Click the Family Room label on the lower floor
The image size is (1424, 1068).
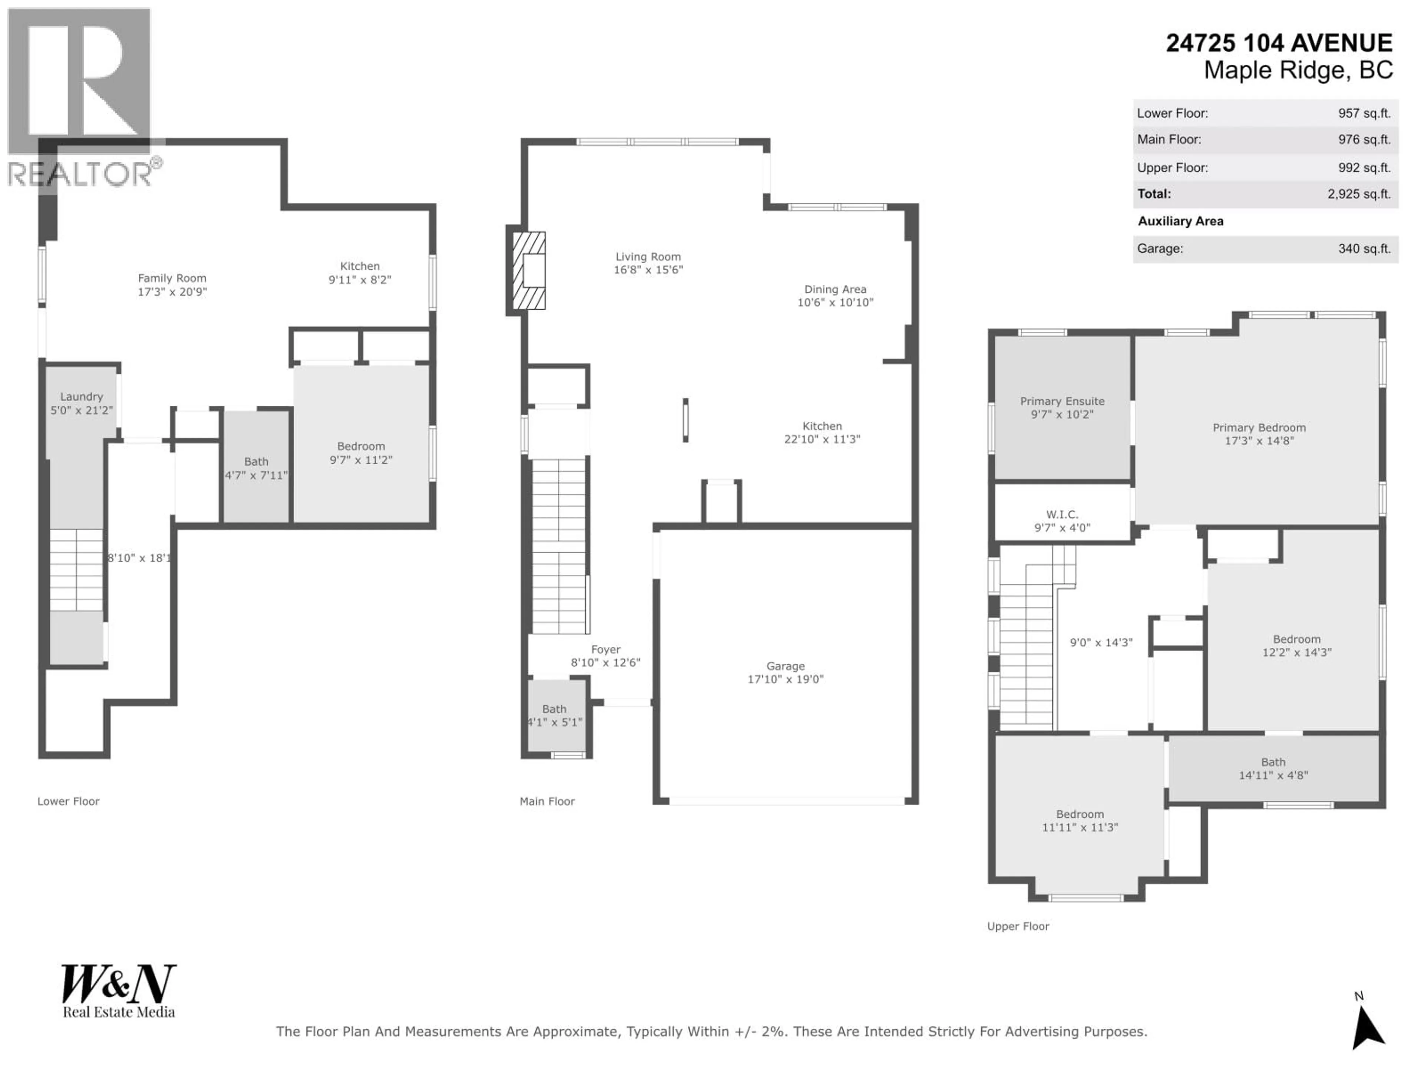(x=172, y=278)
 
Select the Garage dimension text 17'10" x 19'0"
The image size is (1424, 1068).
(x=785, y=679)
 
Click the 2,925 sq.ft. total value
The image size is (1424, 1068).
(x=1358, y=194)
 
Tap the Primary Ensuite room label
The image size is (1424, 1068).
(x=1062, y=401)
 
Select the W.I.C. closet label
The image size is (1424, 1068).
(x=1062, y=514)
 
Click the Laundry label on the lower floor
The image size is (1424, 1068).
(x=82, y=396)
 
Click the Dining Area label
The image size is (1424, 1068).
(x=835, y=289)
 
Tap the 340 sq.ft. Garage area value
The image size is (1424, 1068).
(x=1364, y=248)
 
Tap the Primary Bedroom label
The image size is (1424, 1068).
(x=1259, y=428)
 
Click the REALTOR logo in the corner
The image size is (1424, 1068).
(x=80, y=96)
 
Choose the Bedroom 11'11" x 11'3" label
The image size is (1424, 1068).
(x=1079, y=821)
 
